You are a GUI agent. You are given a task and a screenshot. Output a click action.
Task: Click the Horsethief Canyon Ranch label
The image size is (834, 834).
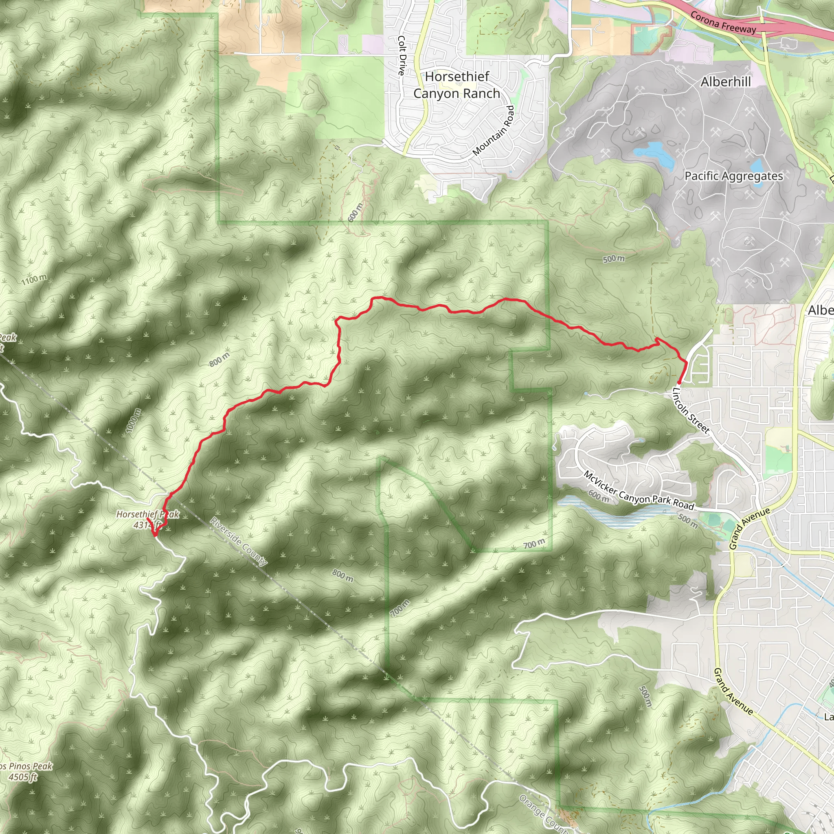(x=457, y=85)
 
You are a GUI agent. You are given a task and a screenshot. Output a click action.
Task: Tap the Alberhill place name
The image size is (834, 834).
(x=726, y=81)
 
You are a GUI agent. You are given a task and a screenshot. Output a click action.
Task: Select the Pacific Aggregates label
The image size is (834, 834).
(x=733, y=176)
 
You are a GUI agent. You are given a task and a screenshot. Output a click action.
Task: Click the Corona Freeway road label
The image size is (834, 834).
(x=723, y=22)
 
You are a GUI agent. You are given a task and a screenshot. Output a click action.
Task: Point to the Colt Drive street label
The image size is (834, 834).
(x=402, y=56)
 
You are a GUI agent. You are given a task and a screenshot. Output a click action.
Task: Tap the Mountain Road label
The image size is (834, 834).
(x=494, y=130)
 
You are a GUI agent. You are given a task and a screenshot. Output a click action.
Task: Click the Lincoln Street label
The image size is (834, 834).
(x=691, y=410)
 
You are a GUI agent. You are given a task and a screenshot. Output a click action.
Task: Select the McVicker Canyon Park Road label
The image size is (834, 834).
(x=639, y=490)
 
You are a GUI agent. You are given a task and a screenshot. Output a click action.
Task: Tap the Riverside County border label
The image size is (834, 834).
(x=239, y=541)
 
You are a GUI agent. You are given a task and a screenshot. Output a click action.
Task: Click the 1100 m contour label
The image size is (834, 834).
(x=34, y=279)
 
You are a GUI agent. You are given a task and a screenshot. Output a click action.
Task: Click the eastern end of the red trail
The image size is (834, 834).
(x=679, y=382)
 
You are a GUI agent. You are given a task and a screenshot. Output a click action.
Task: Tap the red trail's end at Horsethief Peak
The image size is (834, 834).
(x=154, y=536)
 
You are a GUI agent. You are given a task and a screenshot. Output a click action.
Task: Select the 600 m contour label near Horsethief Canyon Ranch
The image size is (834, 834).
(x=355, y=211)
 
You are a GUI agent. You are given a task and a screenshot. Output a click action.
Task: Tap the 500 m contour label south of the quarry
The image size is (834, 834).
(x=613, y=259)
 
